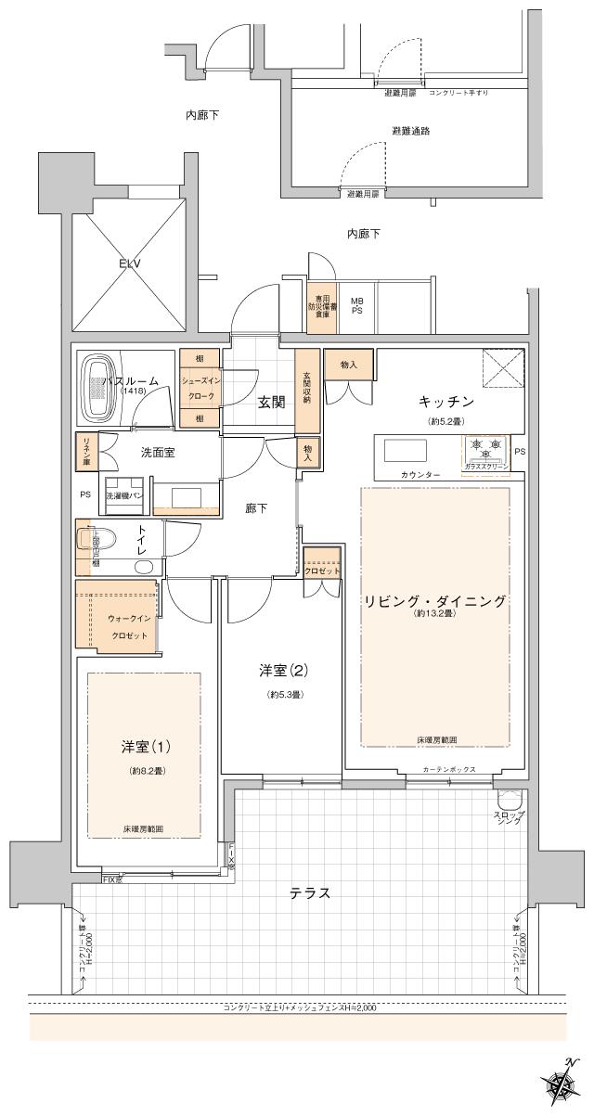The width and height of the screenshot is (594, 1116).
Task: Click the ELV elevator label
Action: point(128,263)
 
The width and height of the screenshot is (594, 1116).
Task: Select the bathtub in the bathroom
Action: point(97,387)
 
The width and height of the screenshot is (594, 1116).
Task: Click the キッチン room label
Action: point(446,402)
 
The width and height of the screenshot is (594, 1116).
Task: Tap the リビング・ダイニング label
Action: point(435,601)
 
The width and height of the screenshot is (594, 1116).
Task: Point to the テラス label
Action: point(311,893)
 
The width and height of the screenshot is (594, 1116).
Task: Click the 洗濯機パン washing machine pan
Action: point(123,495)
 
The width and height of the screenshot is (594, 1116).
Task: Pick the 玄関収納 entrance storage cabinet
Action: point(306,391)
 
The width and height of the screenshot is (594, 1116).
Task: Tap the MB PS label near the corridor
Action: point(356,306)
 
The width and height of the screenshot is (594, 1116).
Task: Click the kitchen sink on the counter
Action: point(405,450)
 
